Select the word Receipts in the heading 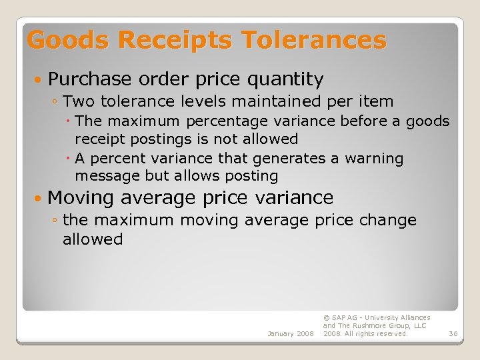tap(174, 41)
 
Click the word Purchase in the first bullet tap(90, 80)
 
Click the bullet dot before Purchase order tap(39, 80)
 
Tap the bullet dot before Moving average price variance tap(39, 198)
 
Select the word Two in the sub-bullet tap(79, 102)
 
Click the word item tap(377, 102)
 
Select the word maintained tap(255, 102)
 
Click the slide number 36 tap(453, 333)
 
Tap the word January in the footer tap(281, 333)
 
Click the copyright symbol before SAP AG tap(326, 318)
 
